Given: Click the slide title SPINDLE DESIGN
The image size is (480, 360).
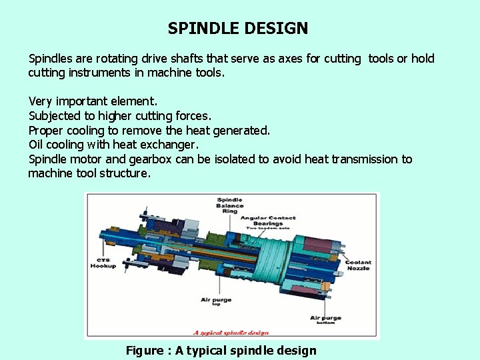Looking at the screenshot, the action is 238,29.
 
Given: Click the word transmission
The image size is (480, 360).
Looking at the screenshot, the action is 367,159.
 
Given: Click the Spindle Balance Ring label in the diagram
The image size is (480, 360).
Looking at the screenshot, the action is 230,205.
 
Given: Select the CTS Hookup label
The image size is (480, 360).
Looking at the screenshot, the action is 103,263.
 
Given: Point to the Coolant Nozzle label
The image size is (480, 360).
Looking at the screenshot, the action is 358,265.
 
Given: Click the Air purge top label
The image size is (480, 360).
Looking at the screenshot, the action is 216,302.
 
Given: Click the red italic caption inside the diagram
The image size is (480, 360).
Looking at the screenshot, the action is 231,333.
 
